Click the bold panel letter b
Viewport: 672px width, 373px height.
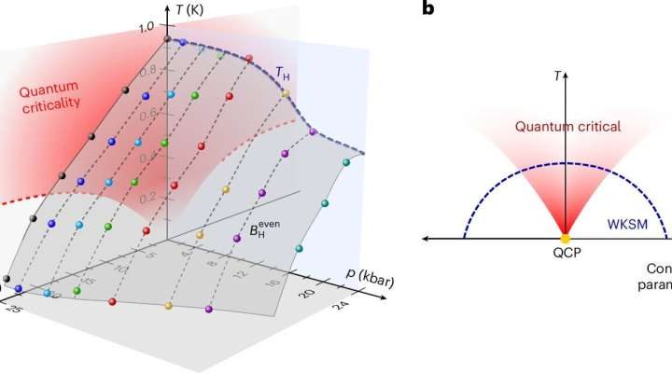coord(427,9)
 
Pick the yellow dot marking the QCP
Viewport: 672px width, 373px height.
coord(563,240)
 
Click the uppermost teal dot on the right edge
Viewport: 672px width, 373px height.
coord(346,163)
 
